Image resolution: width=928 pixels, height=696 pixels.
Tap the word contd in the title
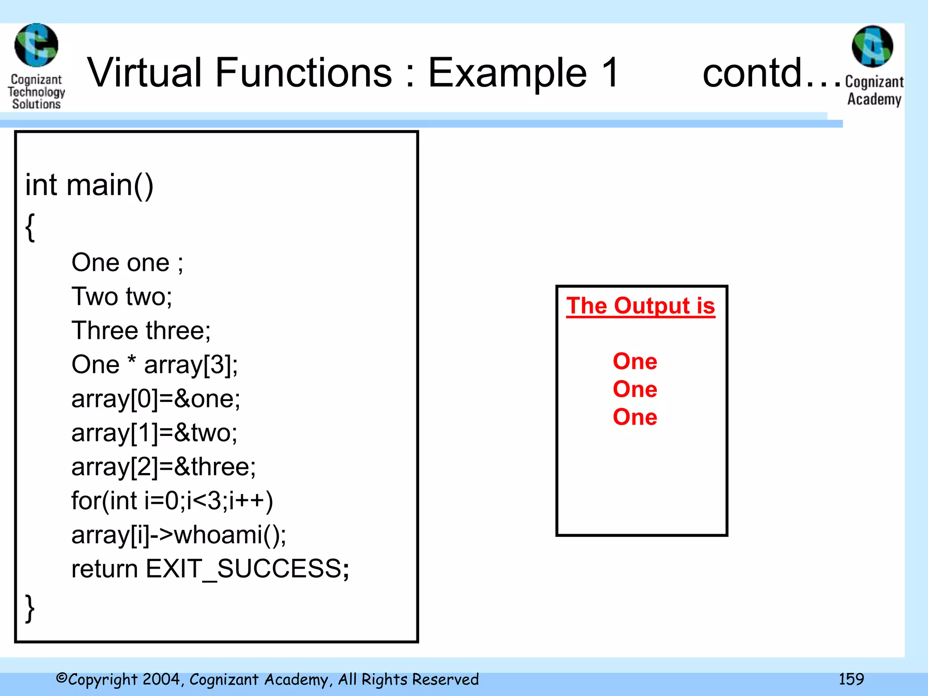(752, 73)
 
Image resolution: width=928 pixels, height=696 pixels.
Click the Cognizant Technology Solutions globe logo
(36, 45)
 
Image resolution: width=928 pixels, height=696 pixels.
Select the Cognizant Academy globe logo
(872, 46)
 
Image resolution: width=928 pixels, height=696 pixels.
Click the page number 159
(851, 679)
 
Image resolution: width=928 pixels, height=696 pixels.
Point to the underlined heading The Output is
(640, 306)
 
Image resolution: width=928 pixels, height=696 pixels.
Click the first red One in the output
(635, 362)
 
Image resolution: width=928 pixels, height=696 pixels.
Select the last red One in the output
(635, 417)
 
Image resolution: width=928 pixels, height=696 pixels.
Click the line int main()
(89, 185)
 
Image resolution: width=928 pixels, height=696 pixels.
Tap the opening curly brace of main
(30, 227)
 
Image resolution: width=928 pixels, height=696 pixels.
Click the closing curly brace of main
(30, 609)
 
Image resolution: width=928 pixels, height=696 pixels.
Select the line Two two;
(121, 297)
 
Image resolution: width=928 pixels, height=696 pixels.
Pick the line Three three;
(141, 331)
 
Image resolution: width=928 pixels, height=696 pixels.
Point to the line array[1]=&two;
(154, 433)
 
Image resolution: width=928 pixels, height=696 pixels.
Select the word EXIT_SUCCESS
(244, 569)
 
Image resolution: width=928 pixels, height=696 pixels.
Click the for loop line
(172, 501)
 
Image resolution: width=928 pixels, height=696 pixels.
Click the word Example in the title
(507, 73)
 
